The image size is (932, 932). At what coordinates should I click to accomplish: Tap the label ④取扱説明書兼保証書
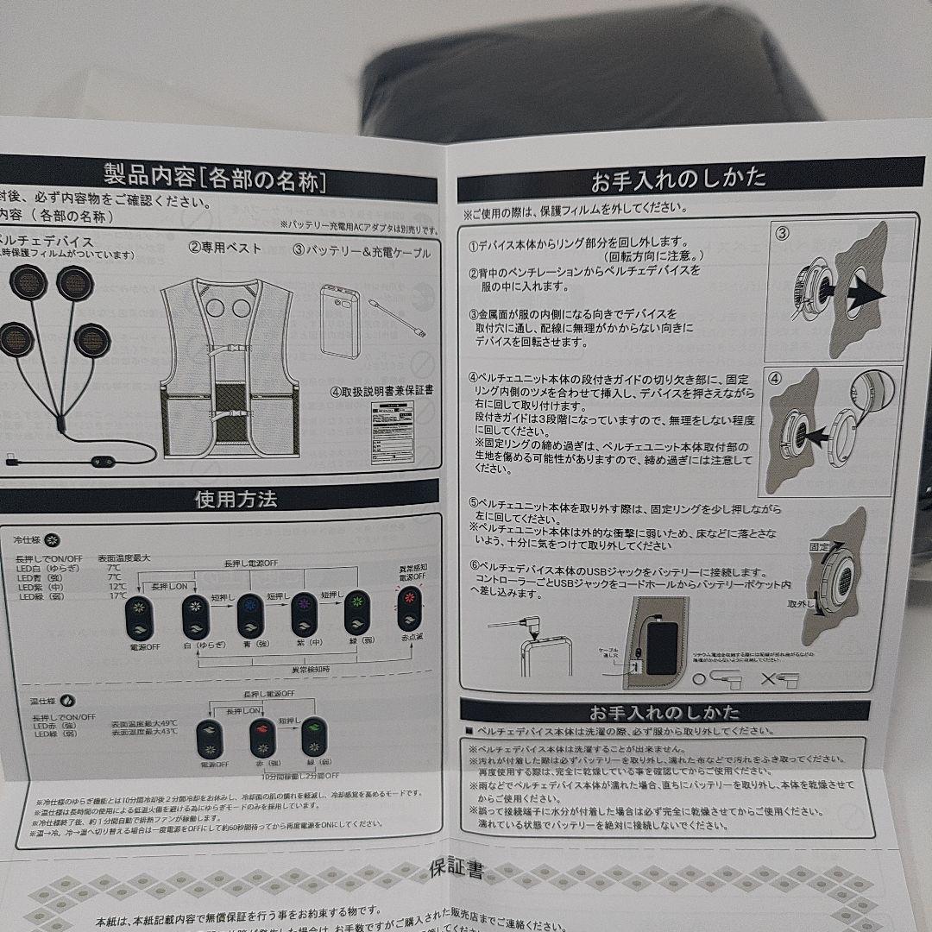[381, 390]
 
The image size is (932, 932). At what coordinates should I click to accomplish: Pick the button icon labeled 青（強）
[249, 615]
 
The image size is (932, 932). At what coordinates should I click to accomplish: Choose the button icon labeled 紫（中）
[305, 614]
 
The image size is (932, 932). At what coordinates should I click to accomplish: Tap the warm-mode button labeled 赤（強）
[261, 739]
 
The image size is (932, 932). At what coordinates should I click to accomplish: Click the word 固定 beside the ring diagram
[820, 547]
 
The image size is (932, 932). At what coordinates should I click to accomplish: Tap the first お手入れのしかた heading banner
[678, 179]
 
